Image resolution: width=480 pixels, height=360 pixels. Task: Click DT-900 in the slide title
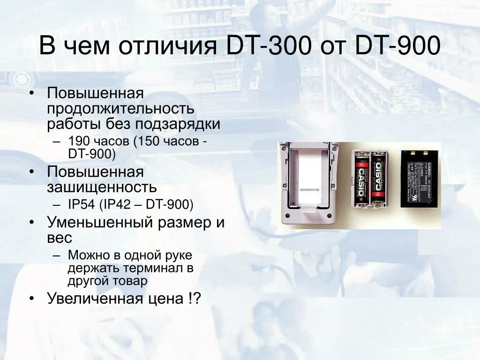[x=398, y=47]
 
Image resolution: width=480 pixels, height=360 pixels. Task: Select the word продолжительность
[x=120, y=109]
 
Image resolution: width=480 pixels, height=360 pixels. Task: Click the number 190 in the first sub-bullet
[x=77, y=141]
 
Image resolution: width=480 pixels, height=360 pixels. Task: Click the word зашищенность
[x=102, y=187]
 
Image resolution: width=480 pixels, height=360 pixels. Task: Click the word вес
[x=60, y=238]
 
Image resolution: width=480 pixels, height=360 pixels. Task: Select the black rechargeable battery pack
[x=420, y=178]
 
